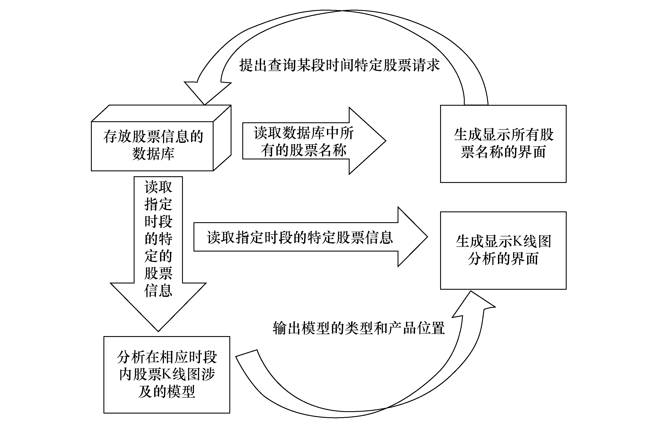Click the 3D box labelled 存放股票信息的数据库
tap(161, 138)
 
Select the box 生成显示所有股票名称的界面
tap(503, 144)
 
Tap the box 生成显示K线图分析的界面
tap(503, 250)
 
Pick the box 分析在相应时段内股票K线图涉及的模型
tap(167, 375)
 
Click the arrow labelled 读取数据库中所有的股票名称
tap(314, 141)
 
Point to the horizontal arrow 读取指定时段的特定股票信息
tap(311, 237)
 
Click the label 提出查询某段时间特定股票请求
tap(339, 65)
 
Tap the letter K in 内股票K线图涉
tap(167, 374)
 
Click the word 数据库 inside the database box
tap(153, 154)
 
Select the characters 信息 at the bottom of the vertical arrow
tap(158, 291)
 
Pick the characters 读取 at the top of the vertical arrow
tap(158, 187)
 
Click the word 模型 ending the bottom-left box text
tap(181, 392)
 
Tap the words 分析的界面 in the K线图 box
tap(503, 259)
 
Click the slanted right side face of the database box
tap(222, 138)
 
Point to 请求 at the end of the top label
tap(426, 65)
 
